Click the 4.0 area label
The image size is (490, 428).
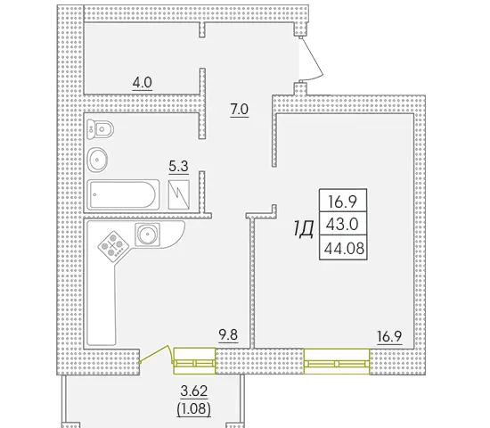point(143,83)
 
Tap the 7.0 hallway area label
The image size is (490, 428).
point(240,110)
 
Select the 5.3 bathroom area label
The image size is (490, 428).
point(178,167)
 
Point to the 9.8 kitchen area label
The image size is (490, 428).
point(228,334)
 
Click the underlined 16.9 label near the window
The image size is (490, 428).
point(389,337)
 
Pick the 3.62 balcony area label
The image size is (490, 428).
point(194,391)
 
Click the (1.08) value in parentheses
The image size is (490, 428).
point(193,409)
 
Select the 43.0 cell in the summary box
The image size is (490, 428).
point(342,225)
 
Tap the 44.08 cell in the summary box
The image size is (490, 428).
point(344,249)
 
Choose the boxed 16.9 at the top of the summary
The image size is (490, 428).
point(342,202)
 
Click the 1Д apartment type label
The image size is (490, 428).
point(304,229)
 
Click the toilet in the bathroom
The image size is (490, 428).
point(100,128)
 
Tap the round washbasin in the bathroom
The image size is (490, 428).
point(97,160)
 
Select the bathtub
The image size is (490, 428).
point(123,194)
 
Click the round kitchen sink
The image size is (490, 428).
point(147,234)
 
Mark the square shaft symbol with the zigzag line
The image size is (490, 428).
point(179,194)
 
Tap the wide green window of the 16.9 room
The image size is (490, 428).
point(337,361)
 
